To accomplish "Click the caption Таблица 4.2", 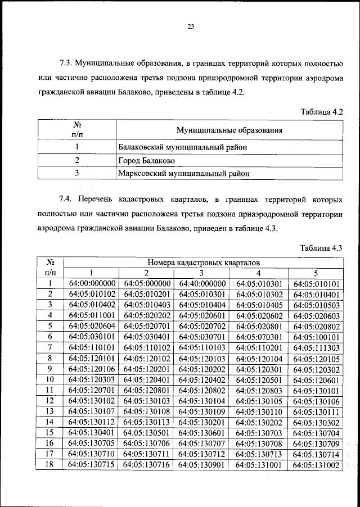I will (321, 112).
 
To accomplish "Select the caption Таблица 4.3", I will (321, 248).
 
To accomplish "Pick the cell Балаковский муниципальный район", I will (183, 147).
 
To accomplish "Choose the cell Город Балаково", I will (147, 161).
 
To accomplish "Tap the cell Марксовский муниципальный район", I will (184, 174).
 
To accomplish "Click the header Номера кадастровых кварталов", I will (203, 262).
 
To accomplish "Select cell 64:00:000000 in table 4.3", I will (92, 283).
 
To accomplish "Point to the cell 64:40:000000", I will (202, 283).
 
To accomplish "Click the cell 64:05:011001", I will (92, 315).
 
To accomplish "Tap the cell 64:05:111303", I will (317, 347).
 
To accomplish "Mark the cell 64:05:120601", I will (317, 379).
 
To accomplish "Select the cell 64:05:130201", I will (202, 422).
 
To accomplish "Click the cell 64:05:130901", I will (202, 465).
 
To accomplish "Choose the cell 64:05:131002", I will (317, 465).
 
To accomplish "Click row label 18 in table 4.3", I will (50, 465).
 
